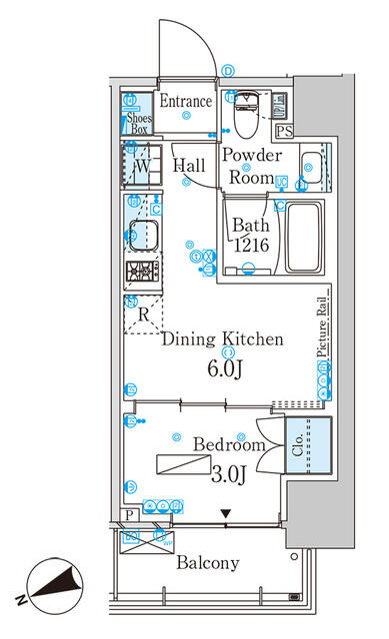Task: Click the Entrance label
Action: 186,102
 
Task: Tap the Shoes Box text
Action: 137,122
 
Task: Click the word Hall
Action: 189,167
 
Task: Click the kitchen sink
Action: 141,237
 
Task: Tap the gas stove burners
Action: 141,272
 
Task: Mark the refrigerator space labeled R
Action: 143,314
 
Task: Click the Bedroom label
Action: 229,444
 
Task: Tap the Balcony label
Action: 208,563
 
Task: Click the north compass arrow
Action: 49,587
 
